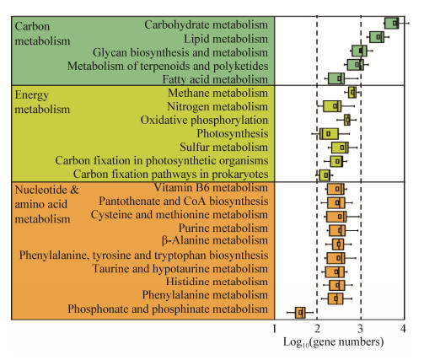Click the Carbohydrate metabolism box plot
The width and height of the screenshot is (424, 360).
pyautogui.click(x=392, y=23)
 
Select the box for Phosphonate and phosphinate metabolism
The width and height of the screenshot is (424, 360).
pyautogui.click(x=300, y=313)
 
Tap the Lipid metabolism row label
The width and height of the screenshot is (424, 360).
pyautogui.click(x=226, y=39)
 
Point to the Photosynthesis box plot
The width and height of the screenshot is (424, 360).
pyautogui.click(x=329, y=133)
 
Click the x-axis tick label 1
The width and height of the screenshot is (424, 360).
pyautogui.click(x=275, y=329)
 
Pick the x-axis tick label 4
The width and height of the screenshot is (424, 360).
pyautogui.click(x=404, y=329)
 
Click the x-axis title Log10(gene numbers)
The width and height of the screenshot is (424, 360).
pyautogui.click(x=334, y=342)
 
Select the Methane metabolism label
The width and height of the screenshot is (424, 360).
pyautogui.click(x=218, y=93)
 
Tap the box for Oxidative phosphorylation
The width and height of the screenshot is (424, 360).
pyautogui.click(x=347, y=120)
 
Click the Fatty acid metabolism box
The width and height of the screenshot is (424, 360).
pyautogui.click(x=336, y=78)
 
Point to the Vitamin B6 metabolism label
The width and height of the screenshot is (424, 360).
pyautogui.click(x=211, y=187)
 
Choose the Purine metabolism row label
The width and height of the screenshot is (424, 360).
pyautogui.click(x=223, y=228)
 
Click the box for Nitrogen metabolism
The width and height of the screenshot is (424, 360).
pyautogui.click(x=332, y=106)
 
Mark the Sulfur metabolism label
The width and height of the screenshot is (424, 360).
pyautogui.click(x=224, y=147)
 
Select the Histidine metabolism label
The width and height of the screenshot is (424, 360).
pyautogui.click(x=217, y=282)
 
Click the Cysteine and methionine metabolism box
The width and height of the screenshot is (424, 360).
pyautogui.click(x=336, y=217)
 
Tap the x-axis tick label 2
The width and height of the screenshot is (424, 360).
pyautogui.click(x=318, y=329)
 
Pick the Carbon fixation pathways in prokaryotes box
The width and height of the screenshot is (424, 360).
pyautogui.click(x=325, y=175)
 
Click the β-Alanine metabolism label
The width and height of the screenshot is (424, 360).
pyautogui.click(x=215, y=240)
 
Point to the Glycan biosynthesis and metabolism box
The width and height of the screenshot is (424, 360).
pyautogui.click(x=359, y=51)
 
